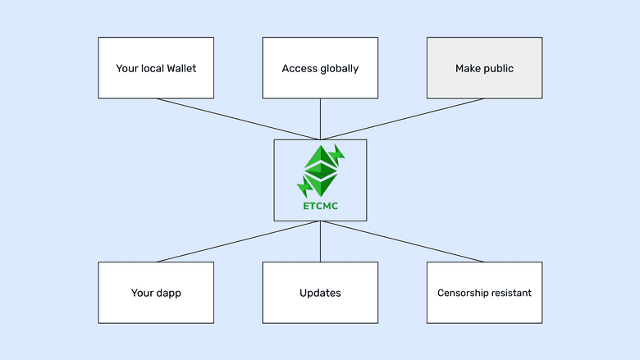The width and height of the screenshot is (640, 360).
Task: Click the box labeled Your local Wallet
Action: pos(156,68)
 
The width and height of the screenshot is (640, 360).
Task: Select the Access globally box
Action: pos(320,68)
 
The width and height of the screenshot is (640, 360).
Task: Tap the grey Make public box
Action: pos(484,68)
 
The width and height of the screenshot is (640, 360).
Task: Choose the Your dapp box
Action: pos(156,293)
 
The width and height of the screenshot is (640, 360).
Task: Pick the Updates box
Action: pos(320,293)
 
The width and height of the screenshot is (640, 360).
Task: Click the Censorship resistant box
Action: pos(484,293)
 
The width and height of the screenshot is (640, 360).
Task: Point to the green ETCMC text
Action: pos(320,206)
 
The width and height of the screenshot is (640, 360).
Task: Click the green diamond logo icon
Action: pos(320,171)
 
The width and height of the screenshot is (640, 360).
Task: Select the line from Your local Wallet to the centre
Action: pos(238,119)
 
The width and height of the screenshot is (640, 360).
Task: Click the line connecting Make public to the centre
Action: pos(402,119)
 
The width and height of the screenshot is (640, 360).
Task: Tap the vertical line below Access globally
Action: pos(320,119)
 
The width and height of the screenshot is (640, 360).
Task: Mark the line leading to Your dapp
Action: pos(238,242)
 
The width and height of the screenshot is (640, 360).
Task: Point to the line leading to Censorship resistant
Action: pos(402,242)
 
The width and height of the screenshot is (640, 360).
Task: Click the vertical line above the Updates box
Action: pos(320,242)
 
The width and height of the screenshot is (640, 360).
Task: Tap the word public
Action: pos(498,68)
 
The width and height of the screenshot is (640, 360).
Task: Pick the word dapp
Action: pos(167,293)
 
